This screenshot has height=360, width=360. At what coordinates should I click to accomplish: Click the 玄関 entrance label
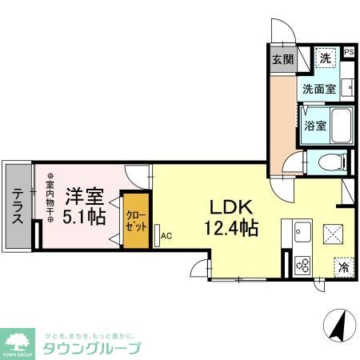(x=282, y=59)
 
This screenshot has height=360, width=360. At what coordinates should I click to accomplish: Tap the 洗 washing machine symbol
(x=325, y=58)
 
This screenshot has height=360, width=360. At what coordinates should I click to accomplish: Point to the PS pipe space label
(x=348, y=54)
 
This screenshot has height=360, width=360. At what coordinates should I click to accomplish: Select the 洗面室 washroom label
(x=318, y=90)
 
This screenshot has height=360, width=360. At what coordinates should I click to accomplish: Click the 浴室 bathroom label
(x=314, y=126)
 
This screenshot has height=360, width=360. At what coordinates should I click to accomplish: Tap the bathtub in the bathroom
(x=342, y=126)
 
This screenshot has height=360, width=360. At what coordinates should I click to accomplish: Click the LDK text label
(x=227, y=205)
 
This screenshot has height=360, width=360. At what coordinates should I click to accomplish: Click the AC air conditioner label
(x=166, y=235)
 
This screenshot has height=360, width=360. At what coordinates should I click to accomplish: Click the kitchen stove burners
(x=302, y=263)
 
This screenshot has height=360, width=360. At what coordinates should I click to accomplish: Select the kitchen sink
(x=302, y=233)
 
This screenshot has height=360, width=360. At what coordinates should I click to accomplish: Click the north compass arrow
(x=338, y=326)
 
